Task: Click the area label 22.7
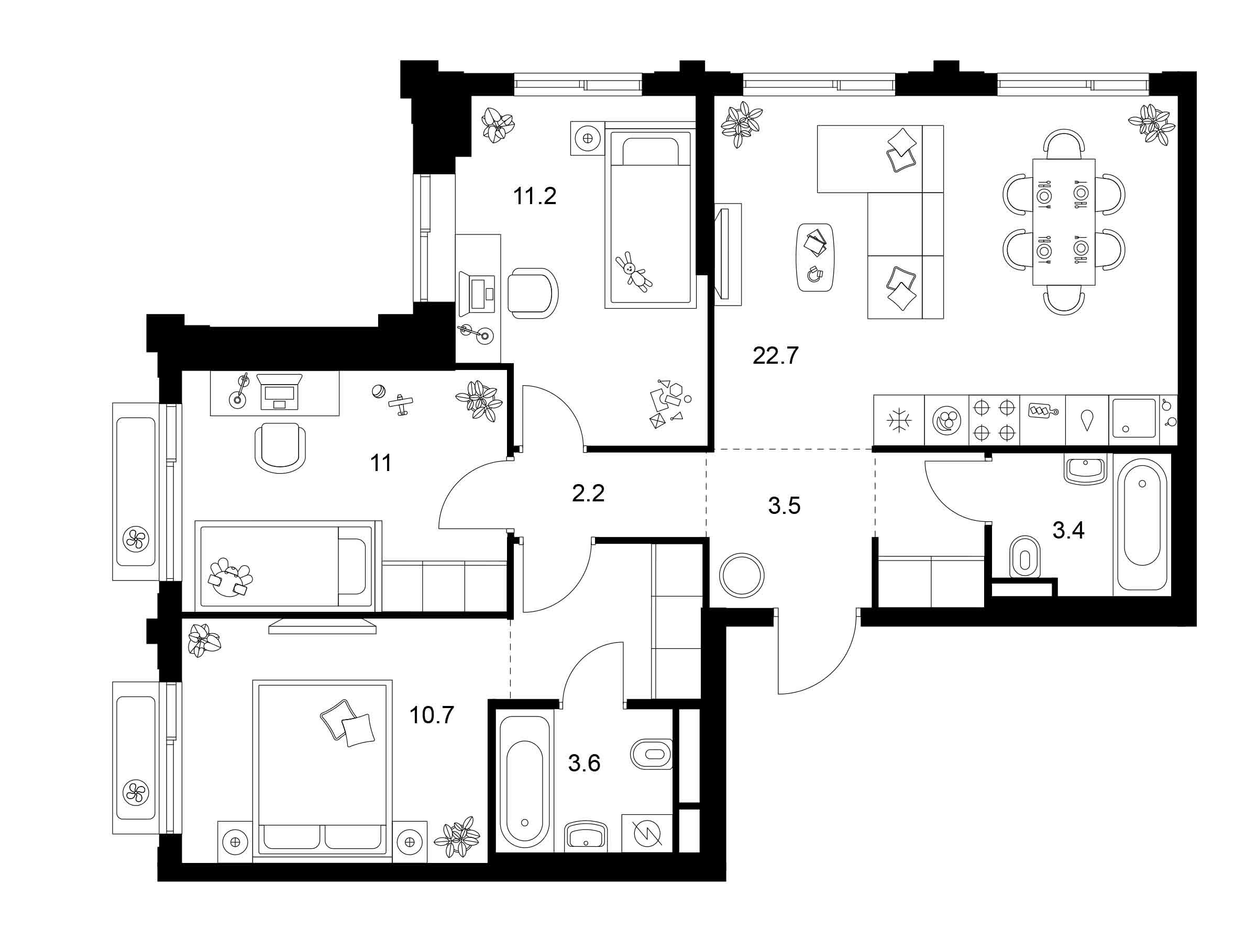(x=776, y=356)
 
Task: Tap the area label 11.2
(x=534, y=196)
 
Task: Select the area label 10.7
(x=432, y=715)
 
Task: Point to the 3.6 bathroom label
(x=584, y=763)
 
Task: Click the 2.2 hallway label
(x=588, y=494)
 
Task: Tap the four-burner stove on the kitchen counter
(x=995, y=420)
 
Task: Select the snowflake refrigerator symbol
(x=899, y=421)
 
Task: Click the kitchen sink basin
(x=1134, y=419)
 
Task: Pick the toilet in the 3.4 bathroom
(x=1024, y=557)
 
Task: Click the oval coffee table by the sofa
(x=815, y=257)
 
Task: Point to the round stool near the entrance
(x=742, y=575)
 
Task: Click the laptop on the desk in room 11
(x=279, y=391)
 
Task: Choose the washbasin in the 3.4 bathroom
(x=1085, y=469)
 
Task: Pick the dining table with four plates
(x=1064, y=222)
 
